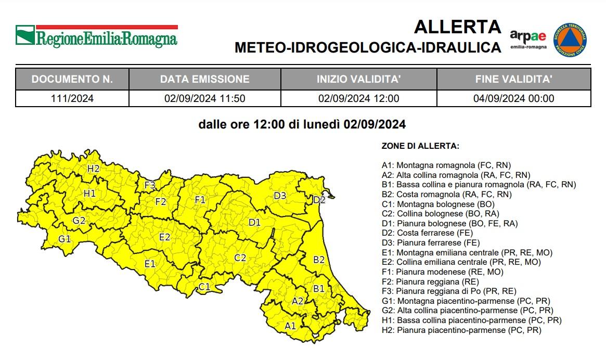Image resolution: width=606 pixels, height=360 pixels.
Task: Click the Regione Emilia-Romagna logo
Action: click(x=96, y=35)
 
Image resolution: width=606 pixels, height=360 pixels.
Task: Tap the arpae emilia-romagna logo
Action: click(x=528, y=38)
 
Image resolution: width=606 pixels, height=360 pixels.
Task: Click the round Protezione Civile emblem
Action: click(x=571, y=39)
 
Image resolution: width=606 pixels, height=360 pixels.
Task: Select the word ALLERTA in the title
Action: click(x=457, y=27)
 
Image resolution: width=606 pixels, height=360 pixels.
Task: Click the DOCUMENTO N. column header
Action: click(x=72, y=80)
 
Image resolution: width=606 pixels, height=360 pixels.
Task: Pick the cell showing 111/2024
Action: click(x=72, y=98)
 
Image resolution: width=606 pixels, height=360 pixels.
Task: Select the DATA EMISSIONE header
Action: click(x=204, y=80)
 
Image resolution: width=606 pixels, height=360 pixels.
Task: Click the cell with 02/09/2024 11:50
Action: click(x=204, y=98)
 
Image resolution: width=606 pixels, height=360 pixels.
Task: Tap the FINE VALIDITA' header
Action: click(x=513, y=80)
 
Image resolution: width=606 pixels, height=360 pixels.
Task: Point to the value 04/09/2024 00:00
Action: click(x=513, y=98)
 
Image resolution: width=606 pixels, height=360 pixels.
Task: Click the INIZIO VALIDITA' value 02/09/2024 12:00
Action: click(x=358, y=98)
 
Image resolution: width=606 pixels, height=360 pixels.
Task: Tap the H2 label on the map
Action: click(x=94, y=169)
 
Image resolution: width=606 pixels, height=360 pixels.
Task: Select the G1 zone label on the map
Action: click(x=65, y=239)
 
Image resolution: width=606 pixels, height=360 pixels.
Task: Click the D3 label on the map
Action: click(x=280, y=196)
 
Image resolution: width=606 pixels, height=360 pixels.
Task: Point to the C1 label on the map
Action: click(x=204, y=287)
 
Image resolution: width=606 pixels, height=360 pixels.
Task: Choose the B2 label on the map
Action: click(x=319, y=259)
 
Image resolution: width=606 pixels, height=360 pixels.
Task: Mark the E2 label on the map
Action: click(x=164, y=237)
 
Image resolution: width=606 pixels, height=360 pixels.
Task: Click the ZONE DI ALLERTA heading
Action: click(x=420, y=146)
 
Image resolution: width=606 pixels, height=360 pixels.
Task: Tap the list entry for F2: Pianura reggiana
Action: click(x=430, y=281)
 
